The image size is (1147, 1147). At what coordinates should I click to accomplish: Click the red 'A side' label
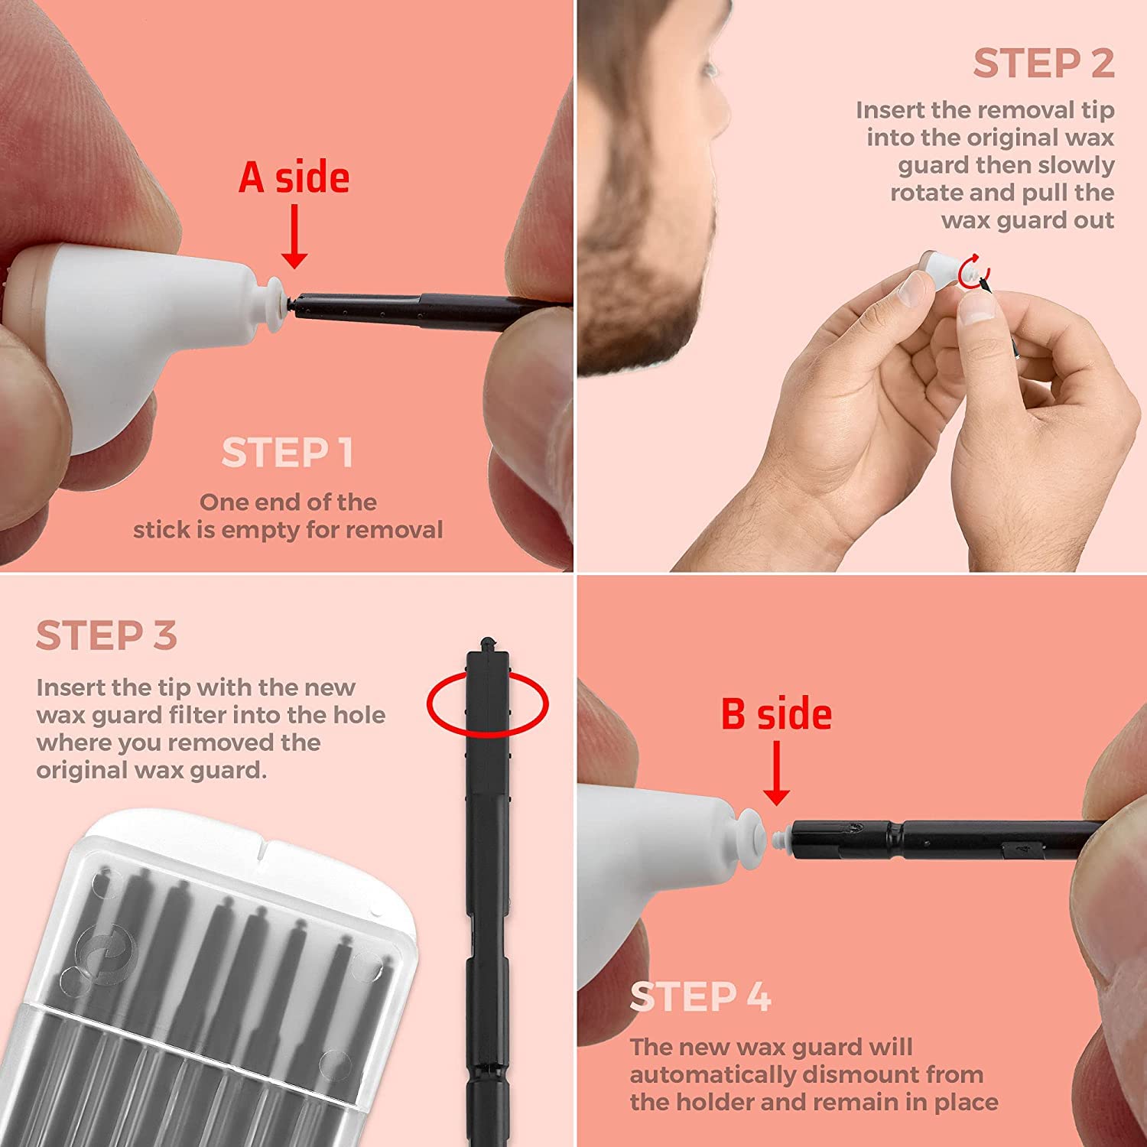[x=294, y=177]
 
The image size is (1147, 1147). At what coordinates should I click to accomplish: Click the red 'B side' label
[x=776, y=713]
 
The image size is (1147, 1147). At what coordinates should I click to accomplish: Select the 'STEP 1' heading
[x=288, y=453]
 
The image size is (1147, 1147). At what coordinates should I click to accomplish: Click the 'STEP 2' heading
[x=1044, y=63]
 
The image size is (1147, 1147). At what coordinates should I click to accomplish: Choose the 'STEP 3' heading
[x=106, y=635]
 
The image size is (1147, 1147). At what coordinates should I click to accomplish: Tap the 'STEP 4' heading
[x=700, y=996]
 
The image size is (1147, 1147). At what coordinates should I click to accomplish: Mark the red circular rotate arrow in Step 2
[x=973, y=270]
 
